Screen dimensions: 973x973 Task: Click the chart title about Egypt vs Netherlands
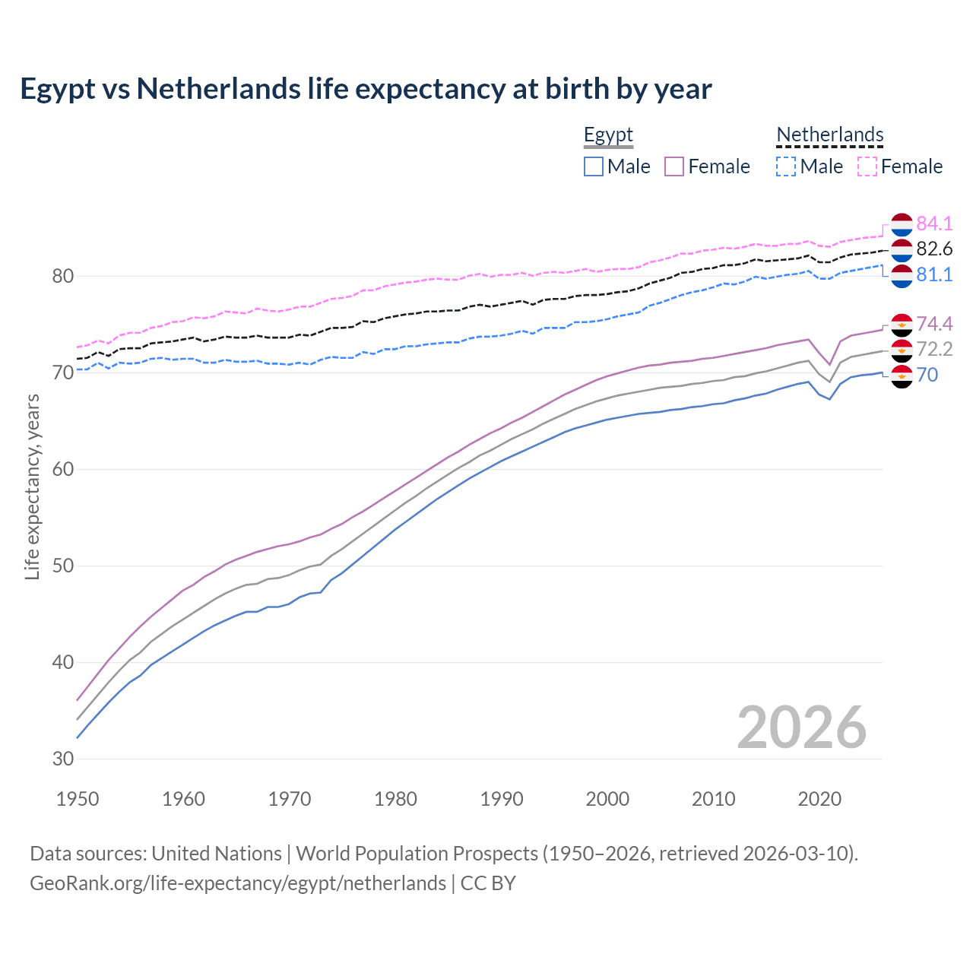click(x=366, y=89)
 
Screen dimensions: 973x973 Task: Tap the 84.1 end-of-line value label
click(x=934, y=223)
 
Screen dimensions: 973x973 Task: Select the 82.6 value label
click(x=934, y=249)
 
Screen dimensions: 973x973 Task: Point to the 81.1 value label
click(x=934, y=274)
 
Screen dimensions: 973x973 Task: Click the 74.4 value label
click(x=934, y=324)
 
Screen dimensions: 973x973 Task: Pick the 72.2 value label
click(x=934, y=349)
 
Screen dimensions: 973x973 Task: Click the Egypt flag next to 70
click(x=902, y=376)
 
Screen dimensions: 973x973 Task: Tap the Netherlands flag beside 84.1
click(x=902, y=225)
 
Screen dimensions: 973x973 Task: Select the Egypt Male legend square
click(x=594, y=166)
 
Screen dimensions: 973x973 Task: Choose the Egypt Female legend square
click(x=674, y=166)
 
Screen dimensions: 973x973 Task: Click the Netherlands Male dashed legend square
click(x=786, y=166)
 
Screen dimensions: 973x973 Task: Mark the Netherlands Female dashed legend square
click(x=867, y=166)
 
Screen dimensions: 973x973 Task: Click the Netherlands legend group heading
click(x=829, y=135)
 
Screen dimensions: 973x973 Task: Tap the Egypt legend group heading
click(x=608, y=135)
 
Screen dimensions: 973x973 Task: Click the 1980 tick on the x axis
click(x=395, y=799)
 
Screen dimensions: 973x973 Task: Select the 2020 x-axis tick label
click(x=819, y=799)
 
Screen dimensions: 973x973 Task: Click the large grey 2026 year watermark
click(x=802, y=727)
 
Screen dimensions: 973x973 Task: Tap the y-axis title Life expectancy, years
click(x=32, y=486)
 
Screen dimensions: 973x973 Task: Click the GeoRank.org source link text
click(x=238, y=883)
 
